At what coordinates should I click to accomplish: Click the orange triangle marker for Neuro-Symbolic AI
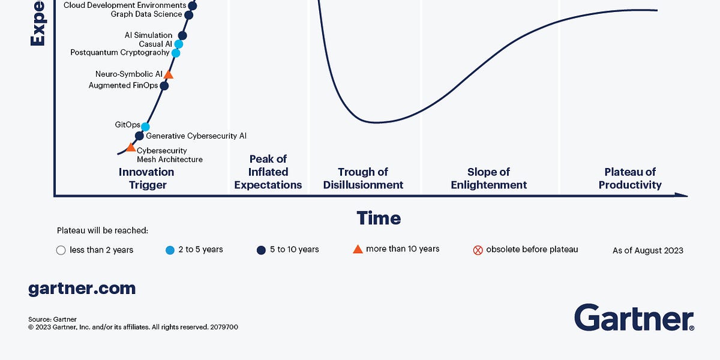[169, 74]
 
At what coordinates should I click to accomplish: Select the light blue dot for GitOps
[145, 126]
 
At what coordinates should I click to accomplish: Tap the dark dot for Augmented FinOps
[164, 86]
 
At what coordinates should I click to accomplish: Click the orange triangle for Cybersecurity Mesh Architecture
[130, 147]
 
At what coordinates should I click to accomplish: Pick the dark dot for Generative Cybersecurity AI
[139, 136]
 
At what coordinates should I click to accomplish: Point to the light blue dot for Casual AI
[178, 44]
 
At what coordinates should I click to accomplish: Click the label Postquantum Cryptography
[120, 53]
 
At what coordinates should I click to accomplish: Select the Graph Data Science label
[146, 14]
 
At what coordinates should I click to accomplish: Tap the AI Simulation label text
[148, 35]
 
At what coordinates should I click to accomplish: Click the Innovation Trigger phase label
[147, 178]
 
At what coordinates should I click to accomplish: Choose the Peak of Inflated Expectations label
[268, 172]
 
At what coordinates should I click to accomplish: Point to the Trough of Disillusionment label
[363, 178]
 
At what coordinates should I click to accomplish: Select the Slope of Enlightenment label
[489, 178]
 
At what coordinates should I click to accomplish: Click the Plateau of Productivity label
[630, 178]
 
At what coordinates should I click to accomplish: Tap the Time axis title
[379, 218]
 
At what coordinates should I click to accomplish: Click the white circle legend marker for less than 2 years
[61, 250]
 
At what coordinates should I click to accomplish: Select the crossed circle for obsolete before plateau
[478, 250]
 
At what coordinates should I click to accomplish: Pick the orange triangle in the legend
[358, 249]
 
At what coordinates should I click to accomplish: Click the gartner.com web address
[82, 289]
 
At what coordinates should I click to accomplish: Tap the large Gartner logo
[634, 317]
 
